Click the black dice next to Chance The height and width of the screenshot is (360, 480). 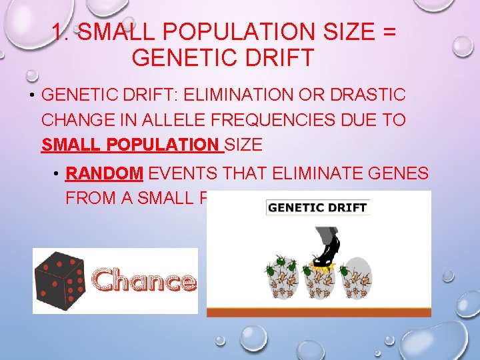61,281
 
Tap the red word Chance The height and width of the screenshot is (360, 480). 144,281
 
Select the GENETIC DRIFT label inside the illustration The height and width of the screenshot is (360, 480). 317,207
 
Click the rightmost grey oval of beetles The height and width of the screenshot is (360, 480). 356,281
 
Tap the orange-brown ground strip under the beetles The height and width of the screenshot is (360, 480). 319,311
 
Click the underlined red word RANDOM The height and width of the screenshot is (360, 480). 105,175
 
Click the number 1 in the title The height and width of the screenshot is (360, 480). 58,31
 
